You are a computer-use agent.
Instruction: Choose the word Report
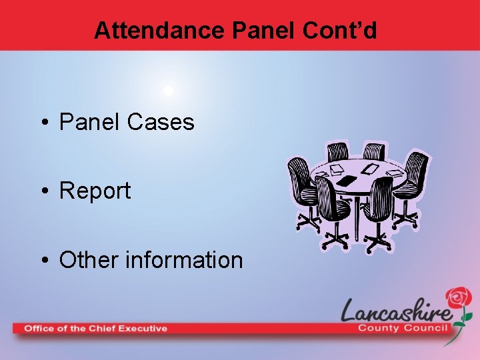[x=95, y=191]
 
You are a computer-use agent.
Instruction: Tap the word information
[x=185, y=259]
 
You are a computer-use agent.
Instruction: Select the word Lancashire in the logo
[x=397, y=311]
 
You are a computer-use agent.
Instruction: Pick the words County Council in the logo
[x=405, y=327]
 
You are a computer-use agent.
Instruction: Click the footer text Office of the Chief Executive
[x=96, y=328]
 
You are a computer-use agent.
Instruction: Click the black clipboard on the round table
[x=347, y=180]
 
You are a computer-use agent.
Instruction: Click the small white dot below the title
[x=169, y=89]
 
